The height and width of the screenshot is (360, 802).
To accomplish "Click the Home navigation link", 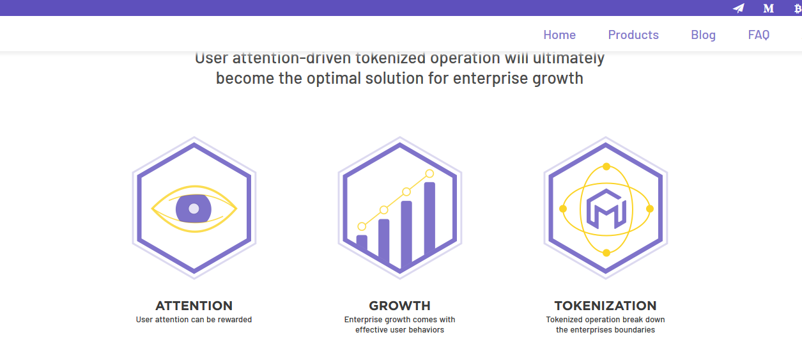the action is click(x=559, y=35).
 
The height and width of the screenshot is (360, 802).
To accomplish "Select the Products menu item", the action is click(x=633, y=35).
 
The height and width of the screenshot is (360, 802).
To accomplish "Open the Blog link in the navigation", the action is click(x=703, y=35).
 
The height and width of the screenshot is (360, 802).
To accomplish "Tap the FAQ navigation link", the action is click(x=759, y=35).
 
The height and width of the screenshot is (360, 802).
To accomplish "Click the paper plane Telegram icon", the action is click(x=739, y=8).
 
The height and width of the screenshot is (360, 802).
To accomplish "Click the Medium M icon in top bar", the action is click(x=768, y=8).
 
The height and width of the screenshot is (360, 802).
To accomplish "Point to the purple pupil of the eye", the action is click(x=194, y=208).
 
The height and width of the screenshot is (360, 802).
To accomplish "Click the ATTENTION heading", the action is click(x=194, y=306).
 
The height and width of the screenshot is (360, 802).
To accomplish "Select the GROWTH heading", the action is click(x=399, y=306).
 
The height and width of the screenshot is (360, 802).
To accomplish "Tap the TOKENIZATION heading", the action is click(x=605, y=306).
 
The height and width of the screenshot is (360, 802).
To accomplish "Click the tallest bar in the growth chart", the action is click(x=429, y=217).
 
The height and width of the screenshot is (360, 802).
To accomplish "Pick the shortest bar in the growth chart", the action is click(x=362, y=242).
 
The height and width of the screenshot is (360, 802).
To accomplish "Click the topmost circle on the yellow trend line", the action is click(x=429, y=174).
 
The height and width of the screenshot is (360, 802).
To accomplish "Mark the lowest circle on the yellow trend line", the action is click(x=362, y=226).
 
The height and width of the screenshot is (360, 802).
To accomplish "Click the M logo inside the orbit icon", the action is click(x=606, y=209).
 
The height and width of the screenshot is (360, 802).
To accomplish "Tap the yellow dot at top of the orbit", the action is click(x=606, y=166).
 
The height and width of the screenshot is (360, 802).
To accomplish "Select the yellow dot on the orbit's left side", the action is click(x=563, y=209).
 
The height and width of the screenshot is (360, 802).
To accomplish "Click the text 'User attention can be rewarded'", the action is click(x=194, y=320).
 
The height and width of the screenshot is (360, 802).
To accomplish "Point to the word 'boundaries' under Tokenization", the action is click(x=634, y=330).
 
